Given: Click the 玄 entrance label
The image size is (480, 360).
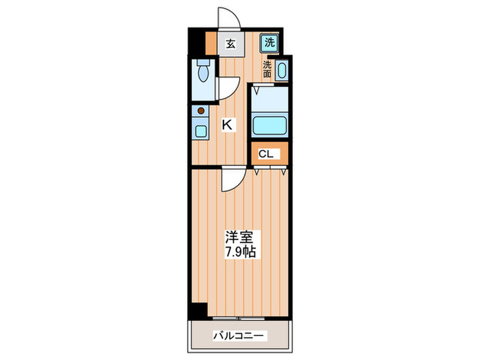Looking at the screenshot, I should [231, 43].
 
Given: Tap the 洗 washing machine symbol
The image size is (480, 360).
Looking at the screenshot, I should [269, 42].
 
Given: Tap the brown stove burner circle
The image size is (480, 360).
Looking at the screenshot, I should [201, 110].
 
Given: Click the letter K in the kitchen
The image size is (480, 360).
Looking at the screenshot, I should [227, 125].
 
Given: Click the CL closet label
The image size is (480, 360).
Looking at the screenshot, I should [266, 154].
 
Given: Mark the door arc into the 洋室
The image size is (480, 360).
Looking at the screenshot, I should [231, 180].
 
